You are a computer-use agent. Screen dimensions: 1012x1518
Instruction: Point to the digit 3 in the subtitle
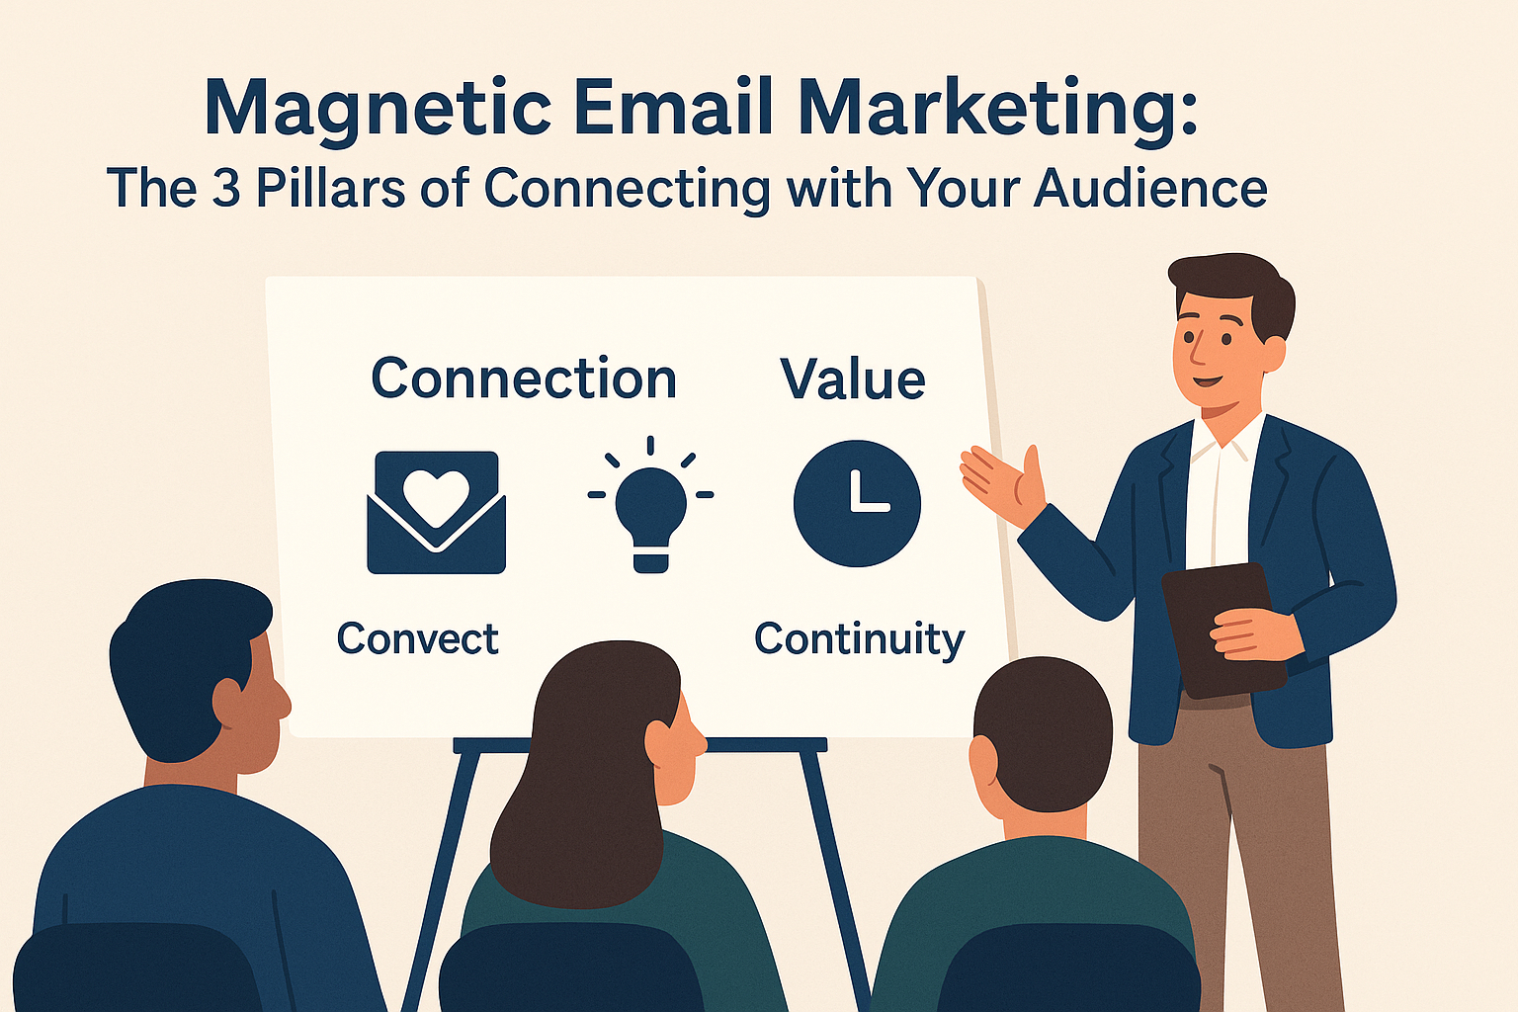[x=226, y=188]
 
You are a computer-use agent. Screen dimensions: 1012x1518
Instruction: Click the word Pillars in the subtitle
[x=330, y=188]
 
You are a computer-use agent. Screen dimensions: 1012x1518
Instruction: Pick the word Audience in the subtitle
[x=1150, y=188]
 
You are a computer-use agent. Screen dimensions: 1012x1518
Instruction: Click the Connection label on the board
[x=524, y=379]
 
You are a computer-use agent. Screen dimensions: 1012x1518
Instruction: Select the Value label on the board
[x=853, y=379]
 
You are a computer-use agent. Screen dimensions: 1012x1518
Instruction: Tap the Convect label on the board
[x=417, y=638]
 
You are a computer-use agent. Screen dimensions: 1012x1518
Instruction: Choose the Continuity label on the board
[x=859, y=639]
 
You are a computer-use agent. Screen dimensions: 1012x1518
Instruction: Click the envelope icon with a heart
[x=436, y=513]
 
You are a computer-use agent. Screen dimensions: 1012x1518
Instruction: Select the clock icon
[x=857, y=503]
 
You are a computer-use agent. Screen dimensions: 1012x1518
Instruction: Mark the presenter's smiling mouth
[x=1205, y=380]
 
